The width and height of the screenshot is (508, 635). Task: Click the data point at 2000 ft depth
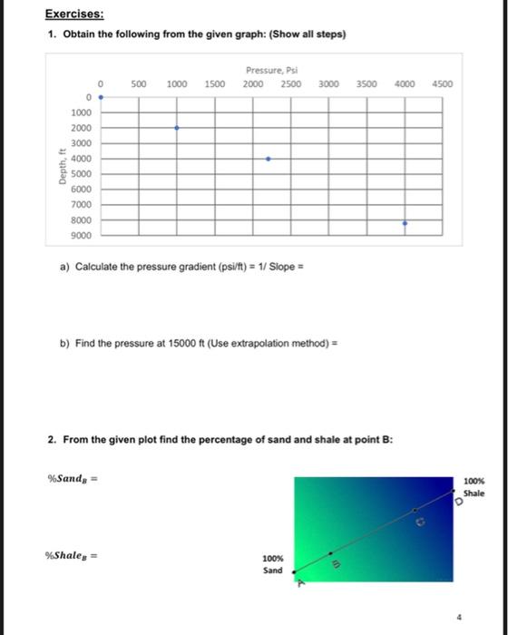pos(176,128)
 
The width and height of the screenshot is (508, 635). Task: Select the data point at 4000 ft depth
pos(268,159)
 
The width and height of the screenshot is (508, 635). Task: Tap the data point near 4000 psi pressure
pos(405,222)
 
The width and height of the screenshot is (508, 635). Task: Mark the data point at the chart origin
pos(100,94)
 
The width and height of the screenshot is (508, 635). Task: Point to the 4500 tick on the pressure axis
pos(441,83)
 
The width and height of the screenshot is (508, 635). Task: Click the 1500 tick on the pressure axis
pos(215,83)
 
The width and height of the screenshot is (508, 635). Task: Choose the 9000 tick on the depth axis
pos(82,236)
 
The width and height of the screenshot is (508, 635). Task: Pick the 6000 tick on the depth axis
pos(82,190)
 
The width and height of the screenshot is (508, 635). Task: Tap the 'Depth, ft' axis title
pos(62,167)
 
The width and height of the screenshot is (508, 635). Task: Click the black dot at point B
pos(330,552)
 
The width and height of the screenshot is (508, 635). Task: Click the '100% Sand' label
pos(272,565)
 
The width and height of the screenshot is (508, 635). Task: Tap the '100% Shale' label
pos(474,486)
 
